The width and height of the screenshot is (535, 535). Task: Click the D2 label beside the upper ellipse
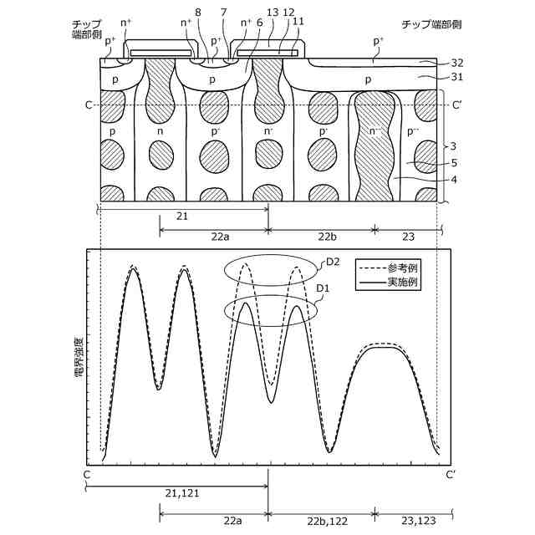click(333, 262)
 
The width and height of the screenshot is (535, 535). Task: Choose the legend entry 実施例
click(402, 283)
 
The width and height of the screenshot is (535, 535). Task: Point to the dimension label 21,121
click(179, 493)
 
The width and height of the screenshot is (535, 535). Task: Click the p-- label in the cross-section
click(414, 131)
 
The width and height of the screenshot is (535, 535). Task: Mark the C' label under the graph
click(451, 475)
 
